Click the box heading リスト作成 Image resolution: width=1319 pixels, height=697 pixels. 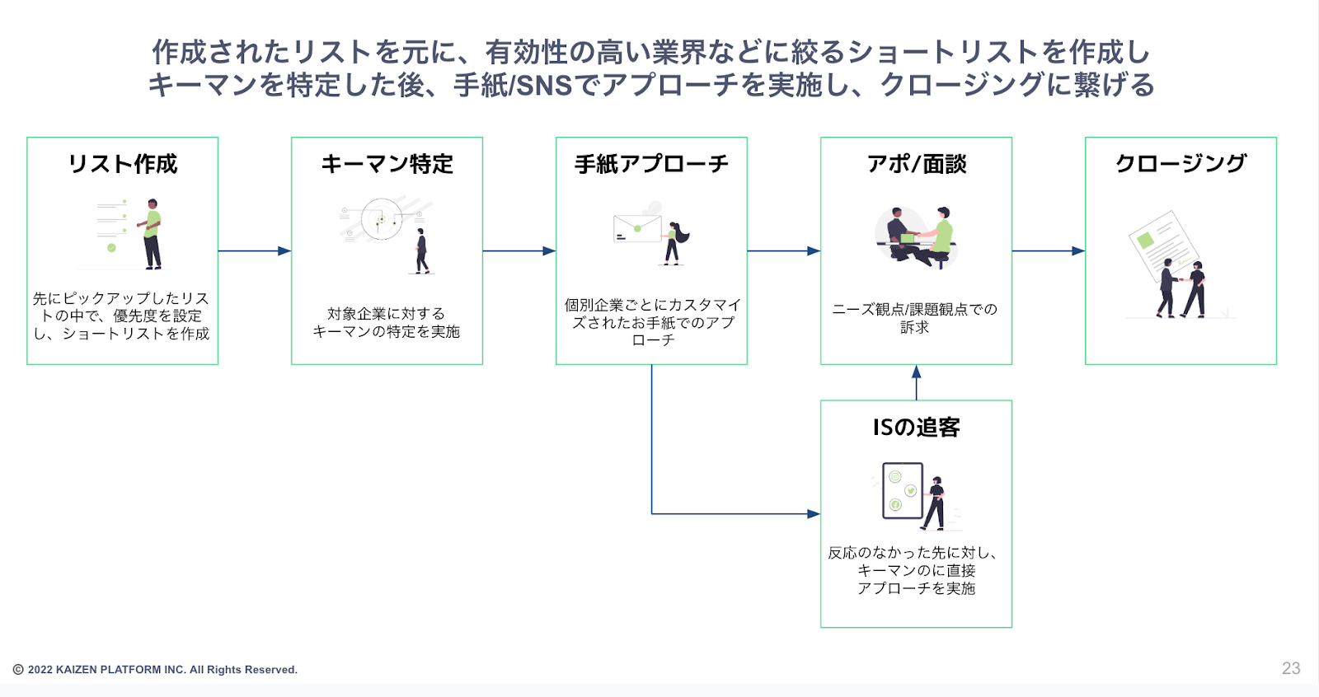(123, 164)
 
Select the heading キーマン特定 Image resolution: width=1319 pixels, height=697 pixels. (387, 164)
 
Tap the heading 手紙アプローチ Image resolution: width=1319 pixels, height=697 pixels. (651, 164)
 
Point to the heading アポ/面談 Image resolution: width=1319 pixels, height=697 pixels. (916, 164)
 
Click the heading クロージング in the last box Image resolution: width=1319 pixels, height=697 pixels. (1181, 163)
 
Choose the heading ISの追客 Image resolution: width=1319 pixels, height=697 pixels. (916, 428)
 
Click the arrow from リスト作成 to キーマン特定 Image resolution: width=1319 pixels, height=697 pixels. (254, 250)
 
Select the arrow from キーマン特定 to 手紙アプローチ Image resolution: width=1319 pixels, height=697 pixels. (519, 250)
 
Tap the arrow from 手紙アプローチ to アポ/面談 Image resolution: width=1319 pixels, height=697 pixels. (783, 250)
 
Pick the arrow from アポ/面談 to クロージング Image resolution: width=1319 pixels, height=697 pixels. (1048, 250)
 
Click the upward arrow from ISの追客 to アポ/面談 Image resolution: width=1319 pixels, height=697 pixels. (916, 382)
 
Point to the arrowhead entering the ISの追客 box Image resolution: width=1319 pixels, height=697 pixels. (814, 514)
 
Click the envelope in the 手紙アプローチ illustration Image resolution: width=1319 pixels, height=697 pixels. (637, 228)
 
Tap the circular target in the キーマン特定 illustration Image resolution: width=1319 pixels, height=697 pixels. (381, 219)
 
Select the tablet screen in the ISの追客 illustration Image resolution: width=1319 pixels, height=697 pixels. (903, 490)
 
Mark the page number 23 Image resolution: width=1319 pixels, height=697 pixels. (1291, 668)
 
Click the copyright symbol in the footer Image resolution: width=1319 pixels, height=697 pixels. (18, 670)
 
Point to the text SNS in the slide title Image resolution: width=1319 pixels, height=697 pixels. (544, 85)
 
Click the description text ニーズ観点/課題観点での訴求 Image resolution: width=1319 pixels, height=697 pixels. (915, 318)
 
